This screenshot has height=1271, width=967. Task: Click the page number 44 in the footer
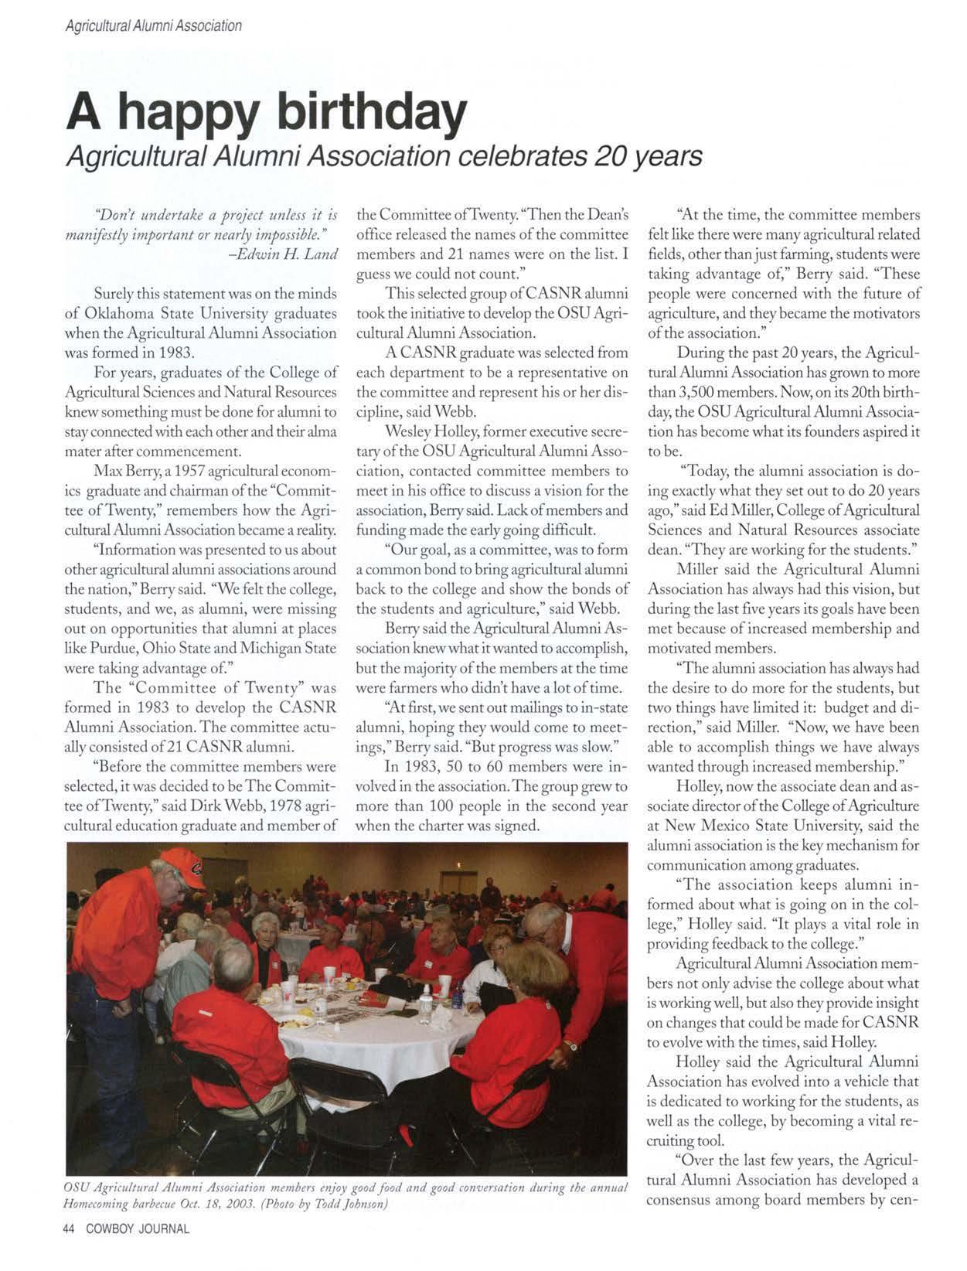click(x=71, y=1228)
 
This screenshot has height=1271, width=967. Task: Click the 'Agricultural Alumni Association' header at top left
click(x=153, y=26)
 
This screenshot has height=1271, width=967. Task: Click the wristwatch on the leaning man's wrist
click(x=570, y=1045)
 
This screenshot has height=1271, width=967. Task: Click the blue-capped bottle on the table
click(x=457, y=996)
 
